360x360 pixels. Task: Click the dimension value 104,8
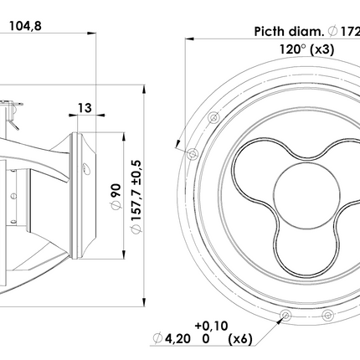[x=25, y=26]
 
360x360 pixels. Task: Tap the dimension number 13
[x=85, y=108]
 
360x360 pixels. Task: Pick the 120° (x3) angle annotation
[x=307, y=49]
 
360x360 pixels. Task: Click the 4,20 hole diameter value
[x=177, y=339]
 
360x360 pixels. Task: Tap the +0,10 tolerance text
[x=211, y=326]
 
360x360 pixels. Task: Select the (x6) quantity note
[x=240, y=339]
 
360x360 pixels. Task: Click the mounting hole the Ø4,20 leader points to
[x=285, y=316]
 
